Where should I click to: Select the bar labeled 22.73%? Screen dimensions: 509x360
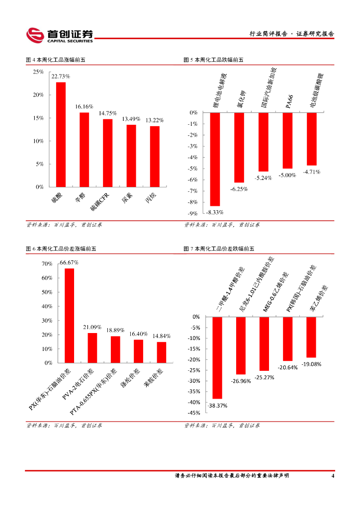coord(61,134)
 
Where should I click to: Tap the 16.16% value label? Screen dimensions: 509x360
coord(84,106)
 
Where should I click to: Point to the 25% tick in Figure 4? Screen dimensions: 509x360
coord(38,72)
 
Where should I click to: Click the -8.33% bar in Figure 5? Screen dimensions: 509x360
coord(215,159)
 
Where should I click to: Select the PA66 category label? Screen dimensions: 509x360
coord(289,99)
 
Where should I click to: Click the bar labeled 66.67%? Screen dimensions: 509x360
coord(69,316)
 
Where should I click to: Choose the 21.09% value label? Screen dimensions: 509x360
coord(92,327)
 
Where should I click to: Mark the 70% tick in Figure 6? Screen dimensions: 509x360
coord(47,263)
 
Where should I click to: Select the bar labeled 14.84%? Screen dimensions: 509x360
coord(162,352)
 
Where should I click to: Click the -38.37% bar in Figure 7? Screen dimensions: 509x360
coord(217,357)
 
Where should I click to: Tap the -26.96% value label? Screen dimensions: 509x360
coord(241,381)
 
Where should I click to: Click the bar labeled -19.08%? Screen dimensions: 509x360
coord(311,337)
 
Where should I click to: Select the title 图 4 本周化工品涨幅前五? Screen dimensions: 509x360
coord(56,60)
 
